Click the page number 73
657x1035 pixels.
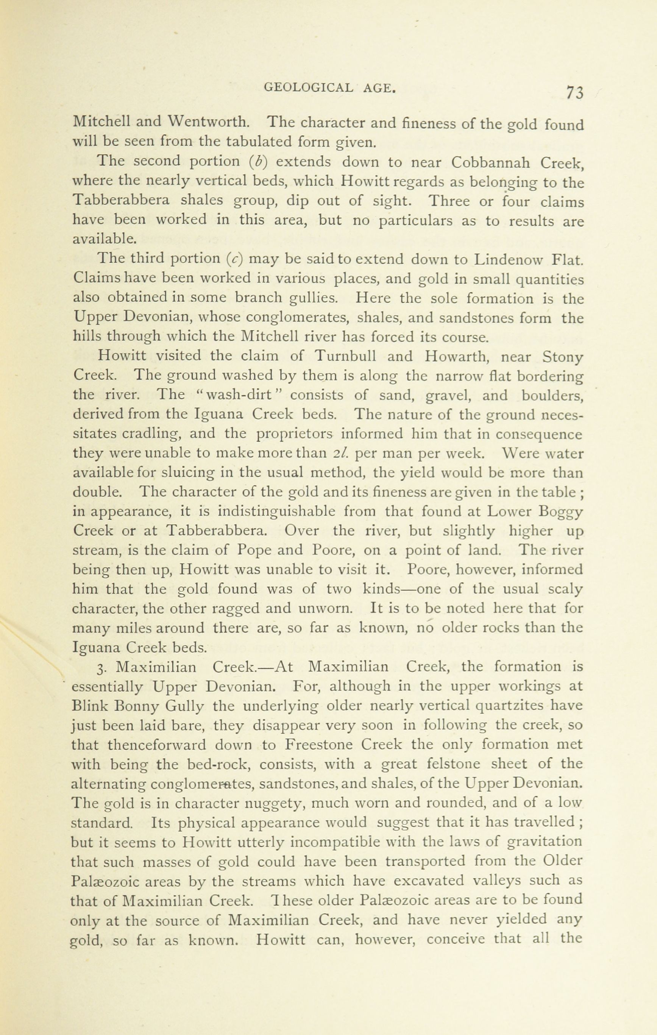[x=574, y=92]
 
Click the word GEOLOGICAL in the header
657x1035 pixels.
[x=308, y=88]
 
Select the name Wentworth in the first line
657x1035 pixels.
[x=209, y=123]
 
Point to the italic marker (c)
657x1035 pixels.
[x=235, y=259]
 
